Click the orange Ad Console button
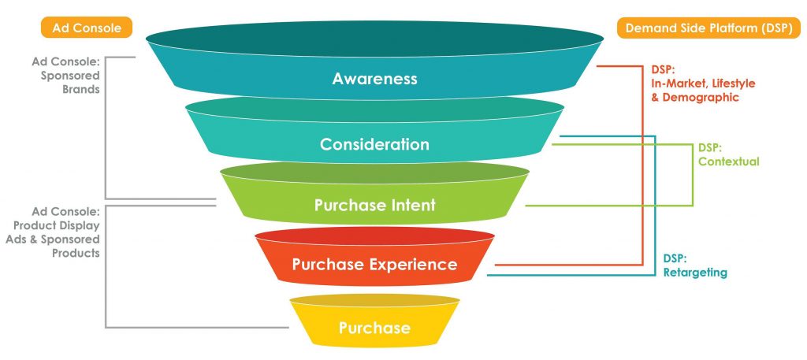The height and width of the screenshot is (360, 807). (87, 28)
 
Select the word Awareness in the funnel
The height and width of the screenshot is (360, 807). (374, 79)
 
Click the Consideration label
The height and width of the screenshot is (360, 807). (374, 145)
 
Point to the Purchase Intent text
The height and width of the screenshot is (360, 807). (374, 206)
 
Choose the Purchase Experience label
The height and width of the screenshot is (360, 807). (374, 265)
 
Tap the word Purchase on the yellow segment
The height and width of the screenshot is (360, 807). (374, 328)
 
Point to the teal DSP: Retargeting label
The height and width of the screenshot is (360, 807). (694, 265)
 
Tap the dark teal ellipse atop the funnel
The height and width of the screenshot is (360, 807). (374, 39)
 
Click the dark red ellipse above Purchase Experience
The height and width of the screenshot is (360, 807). (374, 236)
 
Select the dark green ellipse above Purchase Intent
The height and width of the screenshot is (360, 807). (374, 173)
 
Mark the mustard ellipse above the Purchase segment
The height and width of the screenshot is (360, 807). (374, 300)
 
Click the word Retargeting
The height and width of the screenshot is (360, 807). (694, 273)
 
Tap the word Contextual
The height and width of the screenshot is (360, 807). (728, 161)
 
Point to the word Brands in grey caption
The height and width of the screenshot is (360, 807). (81, 89)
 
